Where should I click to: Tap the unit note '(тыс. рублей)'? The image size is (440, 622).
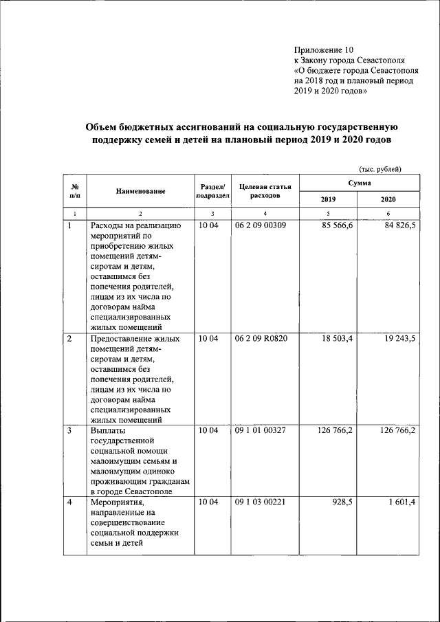pos(379,169)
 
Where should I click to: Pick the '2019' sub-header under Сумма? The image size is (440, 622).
pos(329,199)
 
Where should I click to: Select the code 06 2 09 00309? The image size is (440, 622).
pos(260,225)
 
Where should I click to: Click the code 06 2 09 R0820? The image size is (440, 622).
pos(261,339)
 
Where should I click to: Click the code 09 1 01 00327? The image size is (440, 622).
pos(260,431)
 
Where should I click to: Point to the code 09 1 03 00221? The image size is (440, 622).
pos(260,502)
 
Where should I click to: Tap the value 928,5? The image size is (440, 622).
pos(342,502)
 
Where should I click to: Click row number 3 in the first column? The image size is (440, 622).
pos(69,431)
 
